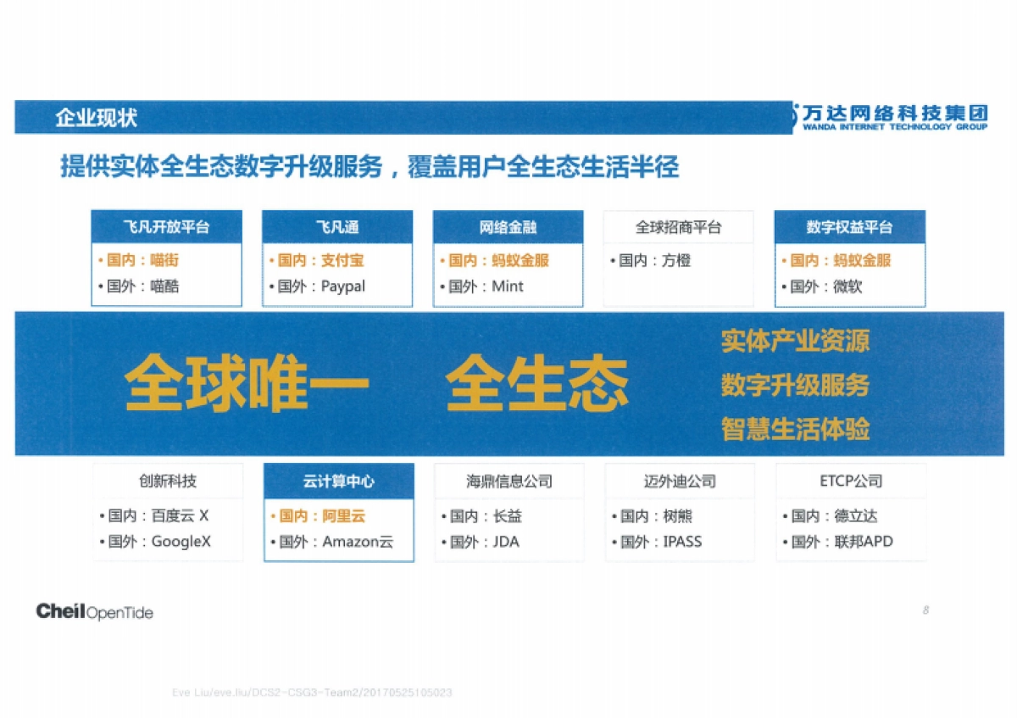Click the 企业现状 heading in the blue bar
[x=96, y=118]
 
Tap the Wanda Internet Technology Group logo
[x=890, y=117]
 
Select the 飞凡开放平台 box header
[x=166, y=227]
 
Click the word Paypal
[x=343, y=287]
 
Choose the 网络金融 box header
[x=508, y=227]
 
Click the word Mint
[x=508, y=287]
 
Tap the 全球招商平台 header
[x=678, y=227]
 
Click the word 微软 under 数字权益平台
[x=847, y=287]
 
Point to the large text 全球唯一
[x=247, y=383]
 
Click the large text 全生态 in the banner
[x=537, y=383]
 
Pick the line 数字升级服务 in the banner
[x=795, y=386]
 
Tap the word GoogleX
[x=181, y=542]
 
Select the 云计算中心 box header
[x=339, y=481]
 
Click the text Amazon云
[x=358, y=542]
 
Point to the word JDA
[x=507, y=542]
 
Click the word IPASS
[x=682, y=542]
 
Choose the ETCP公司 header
[x=851, y=481]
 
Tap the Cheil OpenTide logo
[x=95, y=611]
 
